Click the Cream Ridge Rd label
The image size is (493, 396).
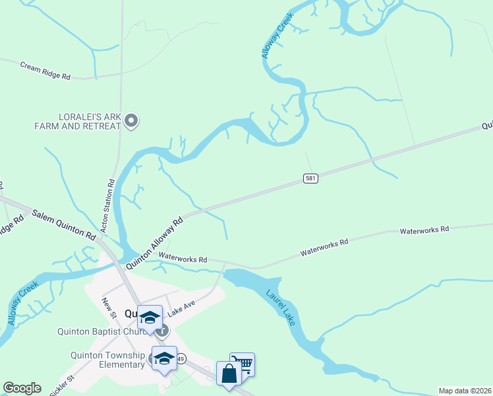click(45, 71)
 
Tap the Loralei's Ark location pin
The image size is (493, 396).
click(131, 120)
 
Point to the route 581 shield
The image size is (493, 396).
click(311, 178)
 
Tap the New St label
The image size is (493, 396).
click(109, 307)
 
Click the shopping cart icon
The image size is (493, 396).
click(244, 363)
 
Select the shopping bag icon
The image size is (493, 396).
click(228, 374)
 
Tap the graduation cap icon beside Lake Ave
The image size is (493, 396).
click(150, 317)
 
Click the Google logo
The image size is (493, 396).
click(22, 388)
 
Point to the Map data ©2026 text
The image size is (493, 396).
click(465, 391)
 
